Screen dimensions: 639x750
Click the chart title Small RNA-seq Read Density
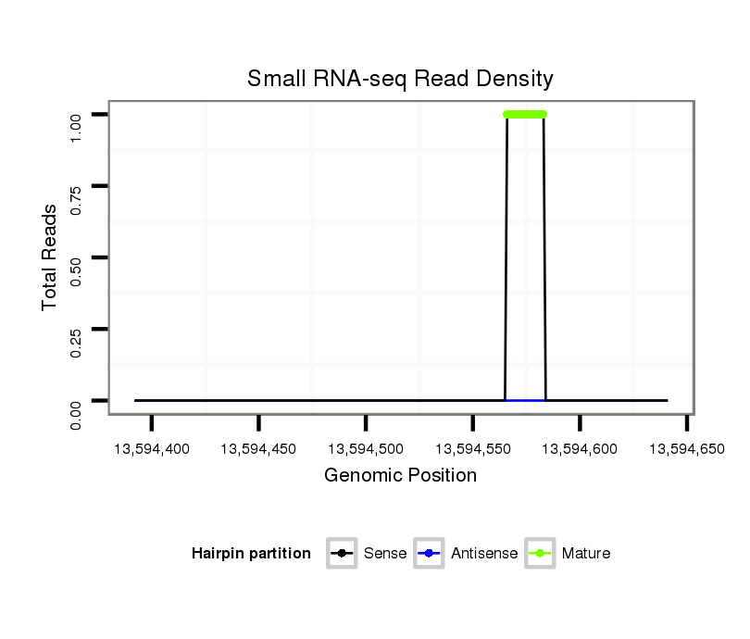coord(400,79)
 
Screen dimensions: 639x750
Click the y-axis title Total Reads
coord(51,257)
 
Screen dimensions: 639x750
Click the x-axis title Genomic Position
coord(400,476)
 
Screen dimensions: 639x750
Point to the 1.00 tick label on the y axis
coord(78,114)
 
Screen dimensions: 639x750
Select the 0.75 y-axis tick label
coord(78,186)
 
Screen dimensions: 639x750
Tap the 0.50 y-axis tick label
coord(78,257)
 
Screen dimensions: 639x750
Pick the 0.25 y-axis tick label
coord(78,330)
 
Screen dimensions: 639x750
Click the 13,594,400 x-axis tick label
coord(152,449)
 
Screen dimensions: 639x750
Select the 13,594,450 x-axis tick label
coord(259,449)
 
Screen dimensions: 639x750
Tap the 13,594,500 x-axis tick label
coord(366,449)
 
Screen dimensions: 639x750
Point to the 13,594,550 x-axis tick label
coord(473,449)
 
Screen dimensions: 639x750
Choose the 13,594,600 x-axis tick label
coord(580,449)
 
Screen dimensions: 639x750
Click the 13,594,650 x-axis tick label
coord(686,449)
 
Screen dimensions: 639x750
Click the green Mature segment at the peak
coord(525,114)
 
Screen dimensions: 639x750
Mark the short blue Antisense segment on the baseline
coord(525,400)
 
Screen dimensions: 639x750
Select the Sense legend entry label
coord(385,554)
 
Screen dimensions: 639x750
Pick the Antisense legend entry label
coord(484,554)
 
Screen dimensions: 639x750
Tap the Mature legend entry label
coord(586,554)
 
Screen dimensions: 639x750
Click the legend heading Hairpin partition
coord(251,554)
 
